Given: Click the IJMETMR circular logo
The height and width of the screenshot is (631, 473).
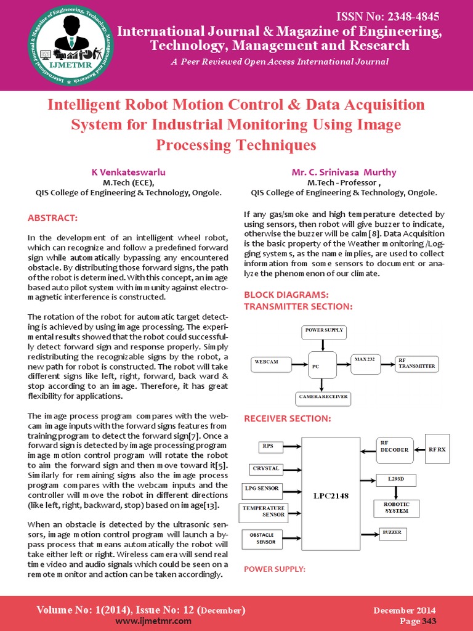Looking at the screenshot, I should (x=71, y=45).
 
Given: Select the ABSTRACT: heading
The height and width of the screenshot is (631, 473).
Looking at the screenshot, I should (x=53, y=218).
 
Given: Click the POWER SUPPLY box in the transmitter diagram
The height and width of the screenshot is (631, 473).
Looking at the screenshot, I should (x=324, y=332).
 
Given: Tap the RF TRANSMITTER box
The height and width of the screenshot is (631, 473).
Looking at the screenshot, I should (x=417, y=364).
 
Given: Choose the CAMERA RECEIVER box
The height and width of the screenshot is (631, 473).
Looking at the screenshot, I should (x=324, y=398).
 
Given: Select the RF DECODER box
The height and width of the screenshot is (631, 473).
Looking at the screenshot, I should (x=394, y=450).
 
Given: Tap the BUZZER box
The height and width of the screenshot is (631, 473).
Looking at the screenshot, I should (x=392, y=532).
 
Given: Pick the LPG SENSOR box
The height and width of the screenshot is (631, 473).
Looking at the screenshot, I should (x=261, y=490).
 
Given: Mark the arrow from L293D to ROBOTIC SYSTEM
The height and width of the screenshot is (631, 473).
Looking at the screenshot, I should (x=395, y=492).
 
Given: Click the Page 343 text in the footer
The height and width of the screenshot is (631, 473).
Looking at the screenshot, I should (x=418, y=621).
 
